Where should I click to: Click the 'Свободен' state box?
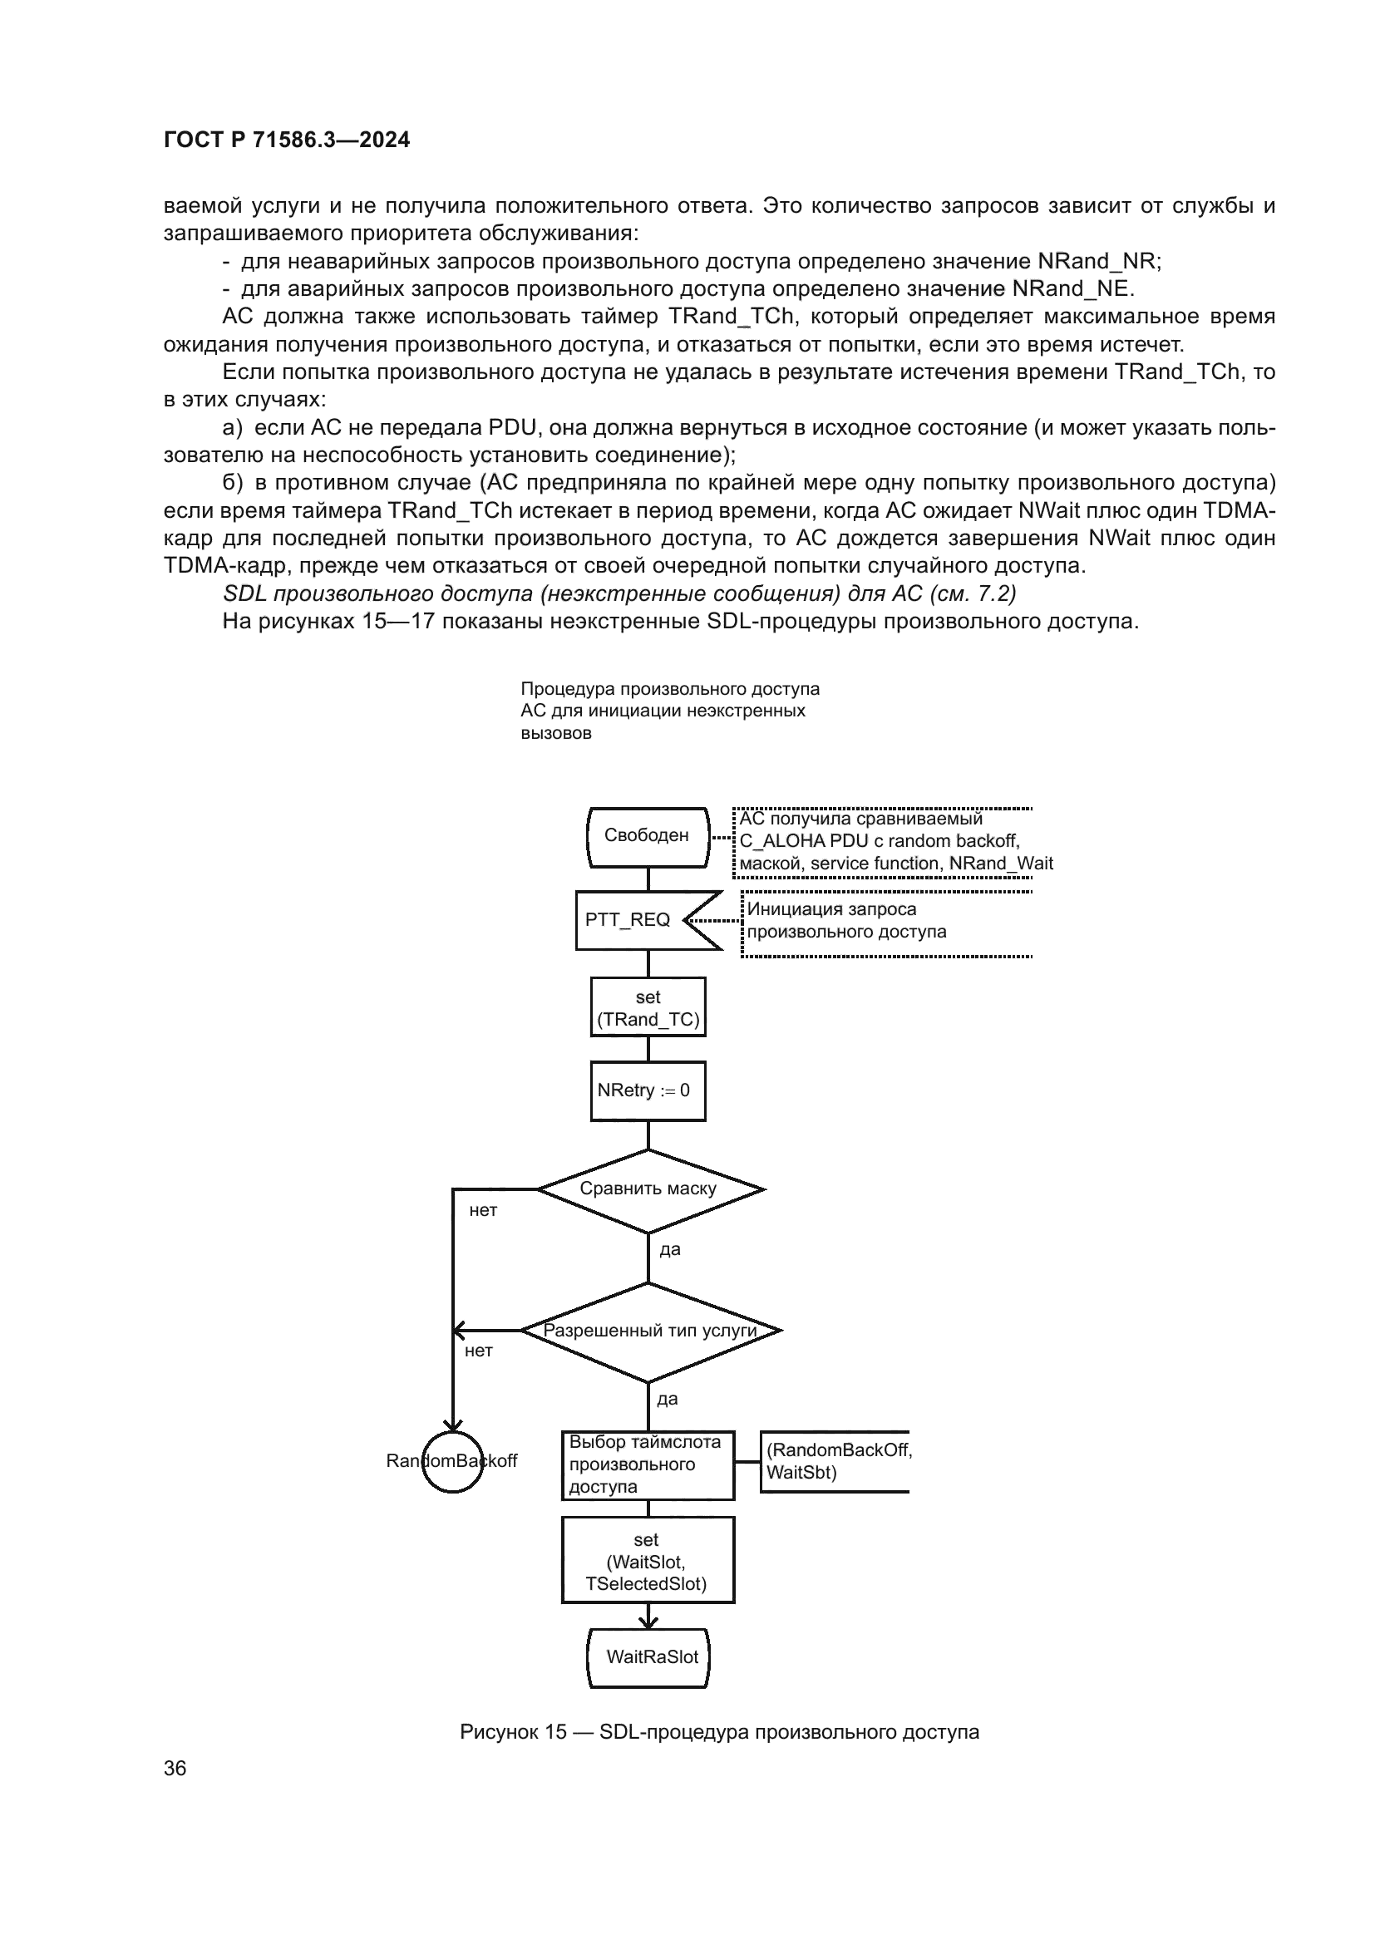pos(648,837)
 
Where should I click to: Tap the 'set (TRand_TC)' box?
pos(648,1007)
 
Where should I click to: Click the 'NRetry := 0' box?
pos(648,1090)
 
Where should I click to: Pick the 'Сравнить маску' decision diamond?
pos(649,1189)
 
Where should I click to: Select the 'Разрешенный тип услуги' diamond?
pos(649,1330)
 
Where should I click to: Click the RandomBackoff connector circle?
pos(452,1461)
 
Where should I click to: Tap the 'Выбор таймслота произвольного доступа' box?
pos(648,1464)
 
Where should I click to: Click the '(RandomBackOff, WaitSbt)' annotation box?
pos(834,1461)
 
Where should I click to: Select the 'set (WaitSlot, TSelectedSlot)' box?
pos(648,1562)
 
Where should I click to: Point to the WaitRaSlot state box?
pos(649,1658)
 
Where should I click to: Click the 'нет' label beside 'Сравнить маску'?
pos(484,1211)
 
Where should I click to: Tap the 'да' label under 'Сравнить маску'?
pos(670,1250)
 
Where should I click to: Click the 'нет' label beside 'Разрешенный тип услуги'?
pos(478,1351)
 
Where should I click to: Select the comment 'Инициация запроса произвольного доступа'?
pos(846,920)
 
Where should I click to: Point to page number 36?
pos(175,1769)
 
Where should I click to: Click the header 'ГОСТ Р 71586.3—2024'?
pos(286,140)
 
